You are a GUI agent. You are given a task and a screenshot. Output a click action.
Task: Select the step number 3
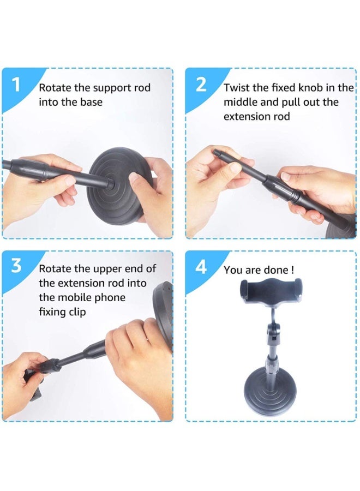(16, 266)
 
